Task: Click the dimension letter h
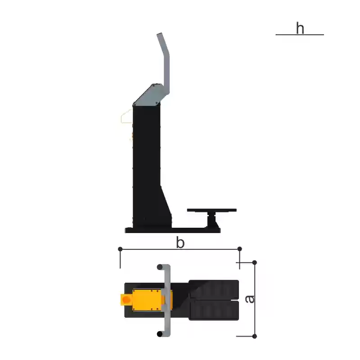coord(300,28)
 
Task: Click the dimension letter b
coord(180,243)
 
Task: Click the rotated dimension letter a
coord(250,299)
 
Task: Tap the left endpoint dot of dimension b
coord(120,249)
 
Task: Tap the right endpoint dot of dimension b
coord(240,249)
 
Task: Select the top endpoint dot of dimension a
coord(254,262)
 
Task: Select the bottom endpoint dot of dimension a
coord(254,336)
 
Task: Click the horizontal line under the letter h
coord(300,35)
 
